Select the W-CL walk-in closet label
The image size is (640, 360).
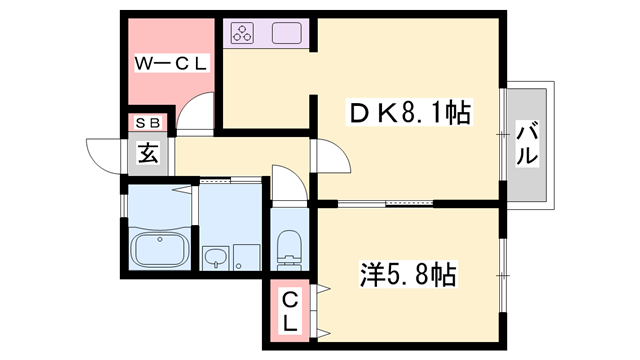click(171, 63)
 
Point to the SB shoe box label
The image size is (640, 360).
click(147, 123)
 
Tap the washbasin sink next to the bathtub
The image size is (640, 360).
click(215, 258)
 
